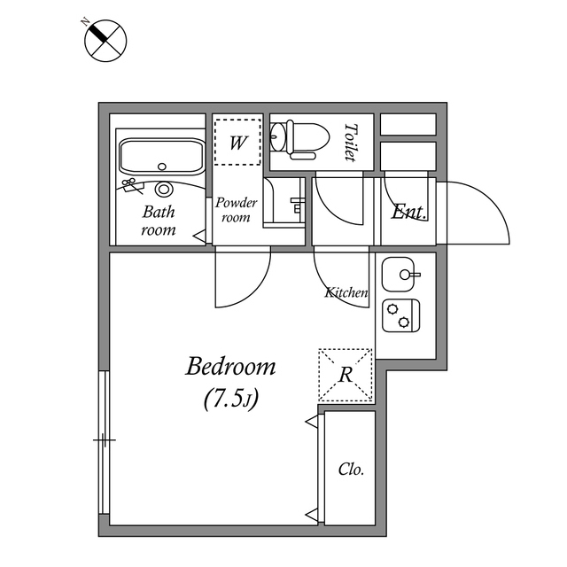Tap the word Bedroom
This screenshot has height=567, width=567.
230,366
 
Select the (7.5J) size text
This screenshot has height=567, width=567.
230,400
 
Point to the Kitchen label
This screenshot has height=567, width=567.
346,292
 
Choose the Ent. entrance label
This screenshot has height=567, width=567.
409,213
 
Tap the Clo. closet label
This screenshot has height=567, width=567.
351,470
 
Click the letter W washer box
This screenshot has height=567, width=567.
237,143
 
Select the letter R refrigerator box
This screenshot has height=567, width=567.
346,375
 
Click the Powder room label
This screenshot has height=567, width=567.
237,210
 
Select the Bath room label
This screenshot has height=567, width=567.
159,221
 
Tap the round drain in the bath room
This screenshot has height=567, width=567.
163,189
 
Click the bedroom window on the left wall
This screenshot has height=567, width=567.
104,440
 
